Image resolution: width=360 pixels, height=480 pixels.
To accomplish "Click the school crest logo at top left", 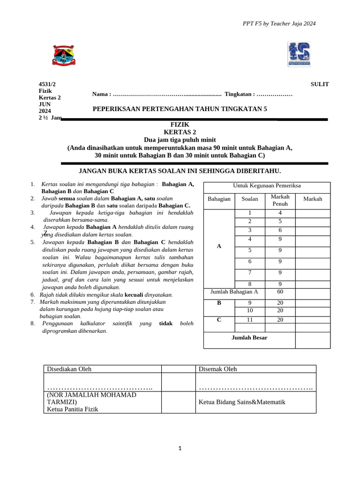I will tap(64, 55).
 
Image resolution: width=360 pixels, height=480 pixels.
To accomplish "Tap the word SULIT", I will tap(320, 84).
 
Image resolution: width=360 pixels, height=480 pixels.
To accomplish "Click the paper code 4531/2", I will tap(47, 84).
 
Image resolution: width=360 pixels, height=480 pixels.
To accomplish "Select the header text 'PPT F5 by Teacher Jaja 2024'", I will tap(279, 23).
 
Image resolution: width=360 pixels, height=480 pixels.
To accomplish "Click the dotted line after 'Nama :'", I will tap(167, 94).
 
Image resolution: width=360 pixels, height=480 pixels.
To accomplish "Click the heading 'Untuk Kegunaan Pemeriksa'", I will tap(267, 186).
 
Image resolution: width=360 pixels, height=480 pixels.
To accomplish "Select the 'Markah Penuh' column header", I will tap(280, 200).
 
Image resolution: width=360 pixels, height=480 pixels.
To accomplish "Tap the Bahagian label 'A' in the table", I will tap(219, 246).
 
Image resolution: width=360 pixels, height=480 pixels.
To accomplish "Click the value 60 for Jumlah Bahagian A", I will tap(280, 292).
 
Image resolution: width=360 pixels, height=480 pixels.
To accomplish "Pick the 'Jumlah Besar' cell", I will tap(249, 337).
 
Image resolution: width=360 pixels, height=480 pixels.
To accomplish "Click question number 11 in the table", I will tap(250, 320).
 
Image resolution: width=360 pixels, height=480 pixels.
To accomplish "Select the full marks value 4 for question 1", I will tap(280, 213).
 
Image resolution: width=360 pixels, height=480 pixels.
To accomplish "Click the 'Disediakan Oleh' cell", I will tap(69, 369).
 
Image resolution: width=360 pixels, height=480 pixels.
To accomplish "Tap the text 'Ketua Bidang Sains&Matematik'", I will tap(242, 402).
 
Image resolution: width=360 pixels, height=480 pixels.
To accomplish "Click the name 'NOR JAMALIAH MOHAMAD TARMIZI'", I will tap(91, 398).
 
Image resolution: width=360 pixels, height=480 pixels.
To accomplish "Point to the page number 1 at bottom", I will tap(180, 449).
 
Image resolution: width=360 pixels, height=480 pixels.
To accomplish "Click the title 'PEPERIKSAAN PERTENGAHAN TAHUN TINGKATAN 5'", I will tap(180, 109).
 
